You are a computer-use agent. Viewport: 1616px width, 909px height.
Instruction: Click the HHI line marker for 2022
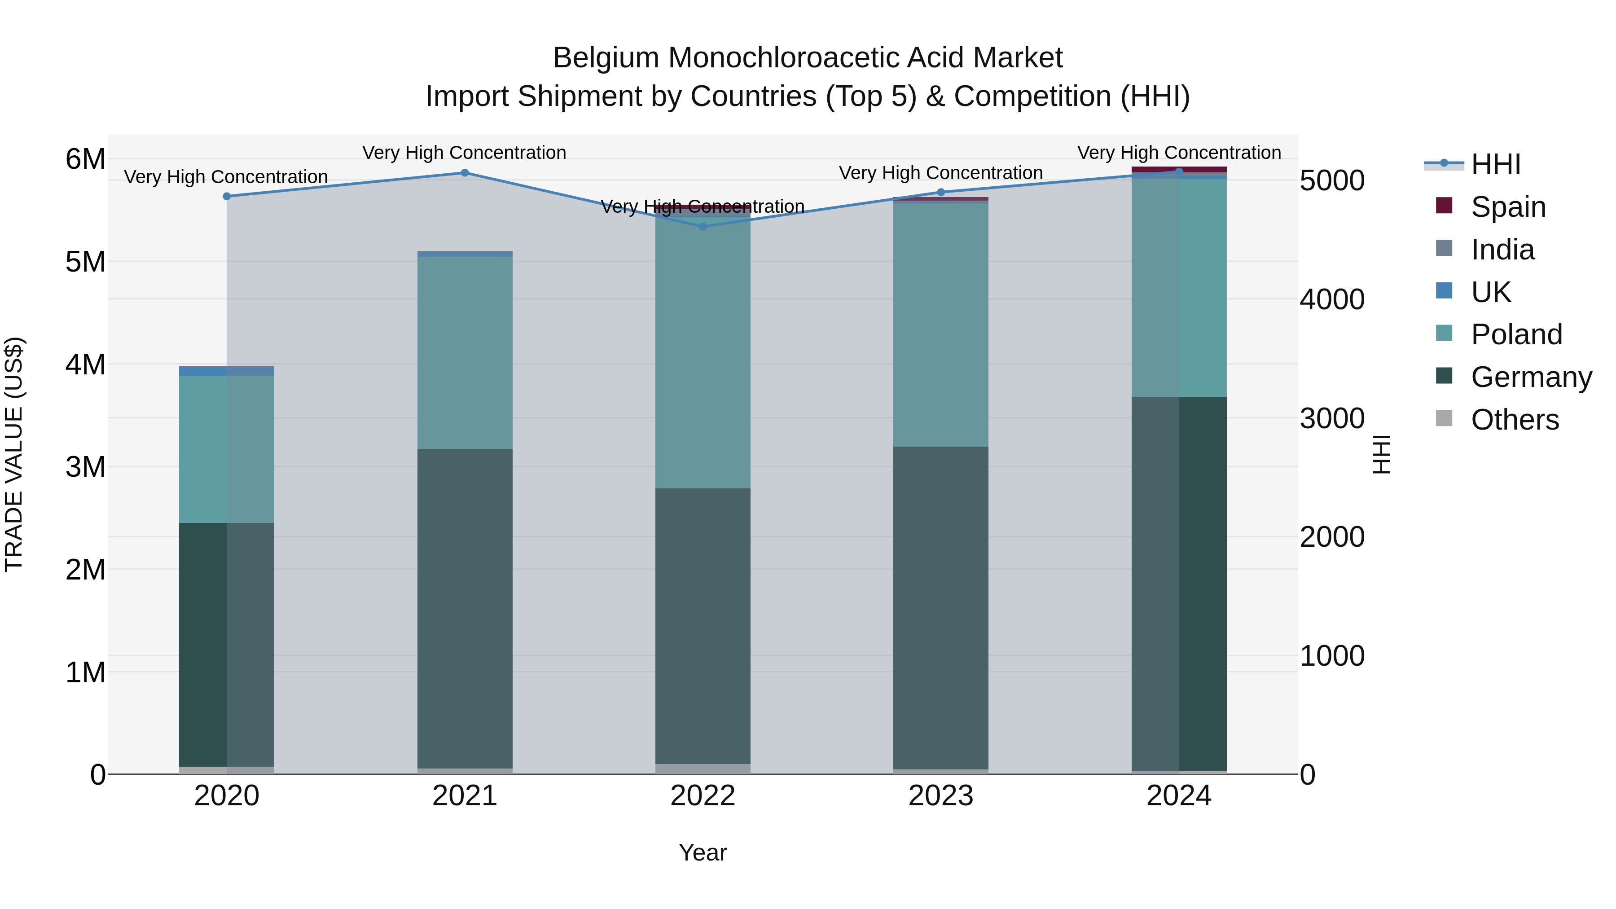pyautogui.click(x=703, y=227)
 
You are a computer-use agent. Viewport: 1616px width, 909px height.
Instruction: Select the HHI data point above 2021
pyautogui.click(x=465, y=172)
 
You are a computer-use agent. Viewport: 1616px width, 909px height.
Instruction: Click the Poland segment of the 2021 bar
pyautogui.click(x=465, y=351)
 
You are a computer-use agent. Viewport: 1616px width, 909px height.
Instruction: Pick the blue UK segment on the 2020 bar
pyautogui.click(x=227, y=371)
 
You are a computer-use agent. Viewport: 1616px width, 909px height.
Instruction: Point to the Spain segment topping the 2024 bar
pyautogui.click(x=1179, y=169)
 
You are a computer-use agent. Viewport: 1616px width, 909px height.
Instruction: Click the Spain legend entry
pyautogui.click(x=1508, y=207)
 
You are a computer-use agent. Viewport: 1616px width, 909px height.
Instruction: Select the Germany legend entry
pyautogui.click(x=1531, y=377)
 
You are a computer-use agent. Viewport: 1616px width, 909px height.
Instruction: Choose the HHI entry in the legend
pyautogui.click(x=1496, y=164)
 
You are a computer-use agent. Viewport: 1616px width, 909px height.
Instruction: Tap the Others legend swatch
pyautogui.click(x=1444, y=418)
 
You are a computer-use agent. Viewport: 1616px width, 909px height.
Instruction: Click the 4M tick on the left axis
pyautogui.click(x=85, y=364)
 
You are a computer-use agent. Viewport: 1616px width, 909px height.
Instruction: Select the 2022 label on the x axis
pyautogui.click(x=703, y=796)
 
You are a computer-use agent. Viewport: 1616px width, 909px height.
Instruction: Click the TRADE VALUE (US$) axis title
pyautogui.click(x=14, y=454)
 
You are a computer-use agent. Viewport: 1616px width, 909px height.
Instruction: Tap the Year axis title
pyautogui.click(x=703, y=852)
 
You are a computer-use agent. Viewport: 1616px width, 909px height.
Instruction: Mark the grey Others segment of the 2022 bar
pyautogui.click(x=703, y=768)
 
